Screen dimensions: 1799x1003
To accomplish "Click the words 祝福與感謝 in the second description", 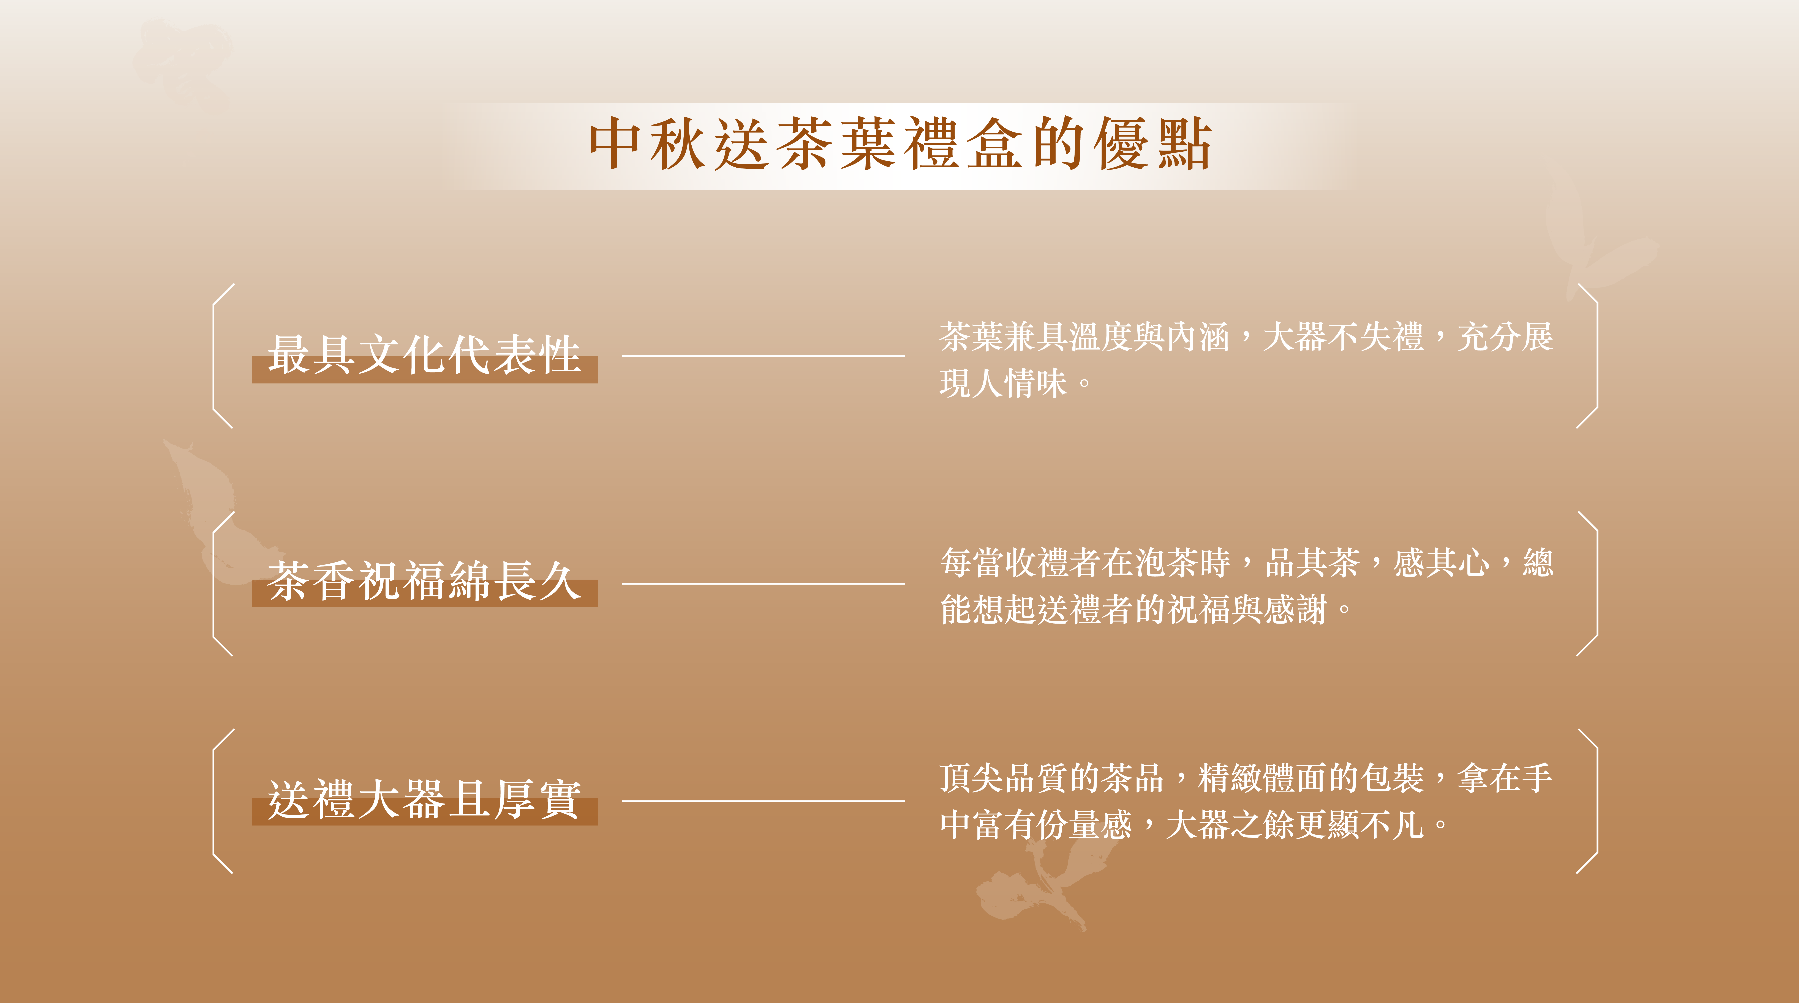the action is (1247, 609).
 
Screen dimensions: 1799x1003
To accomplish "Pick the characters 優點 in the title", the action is (1152, 144).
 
